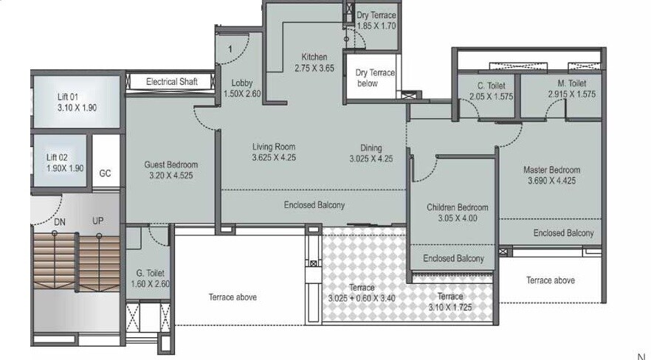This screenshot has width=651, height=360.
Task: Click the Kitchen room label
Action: (x=314, y=57)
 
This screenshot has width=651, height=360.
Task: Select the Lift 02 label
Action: (x=56, y=157)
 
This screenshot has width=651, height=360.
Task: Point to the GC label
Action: (x=105, y=173)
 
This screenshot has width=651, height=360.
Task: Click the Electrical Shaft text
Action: (x=171, y=81)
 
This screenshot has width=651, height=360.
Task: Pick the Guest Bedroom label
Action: (x=170, y=165)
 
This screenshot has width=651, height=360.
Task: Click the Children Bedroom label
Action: (x=457, y=207)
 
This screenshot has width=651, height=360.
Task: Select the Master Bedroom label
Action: (x=551, y=169)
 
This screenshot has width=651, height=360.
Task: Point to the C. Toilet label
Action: (x=492, y=86)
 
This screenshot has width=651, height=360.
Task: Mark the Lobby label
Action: (x=242, y=83)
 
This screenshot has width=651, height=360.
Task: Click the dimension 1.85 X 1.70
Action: (x=376, y=26)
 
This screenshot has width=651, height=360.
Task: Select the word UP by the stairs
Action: (x=97, y=221)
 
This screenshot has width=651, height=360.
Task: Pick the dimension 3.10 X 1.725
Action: (x=450, y=306)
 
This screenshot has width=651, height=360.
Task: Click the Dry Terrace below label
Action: (x=375, y=77)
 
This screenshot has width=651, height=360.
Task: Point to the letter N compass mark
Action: (x=641, y=356)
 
